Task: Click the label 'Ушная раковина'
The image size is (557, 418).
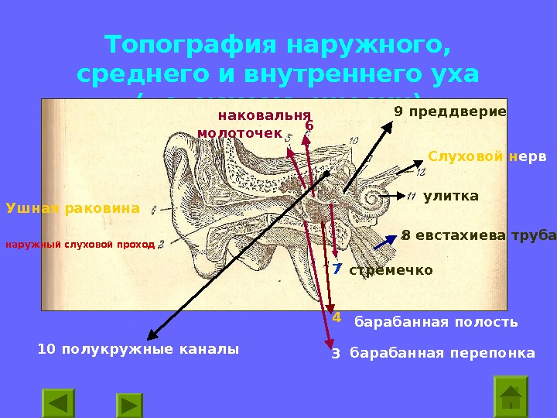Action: pyautogui.click(x=73, y=208)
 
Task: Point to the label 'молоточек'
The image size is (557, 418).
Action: pyautogui.click(x=240, y=133)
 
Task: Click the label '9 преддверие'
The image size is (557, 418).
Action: pyautogui.click(x=450, y=111)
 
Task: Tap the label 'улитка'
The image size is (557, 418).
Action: pyautogui.click(x=451, y=197)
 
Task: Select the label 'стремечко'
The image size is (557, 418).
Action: pyautogui.click(x=391, y=270)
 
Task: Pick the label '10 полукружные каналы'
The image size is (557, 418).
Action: pyautogui.click(x=138, y=349)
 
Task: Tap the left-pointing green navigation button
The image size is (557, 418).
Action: pyautogui.click(x=58, y=404)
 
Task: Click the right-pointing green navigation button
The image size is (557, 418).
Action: pyautogui.click(x=130, y=405)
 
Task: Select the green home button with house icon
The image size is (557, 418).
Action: pyautogui.click(x=511, y=396)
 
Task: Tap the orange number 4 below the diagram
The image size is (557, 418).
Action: pyautogui.click(x=336, y=317)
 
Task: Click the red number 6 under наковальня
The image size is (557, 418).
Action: pyautogui.click(x=309, y=125)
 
